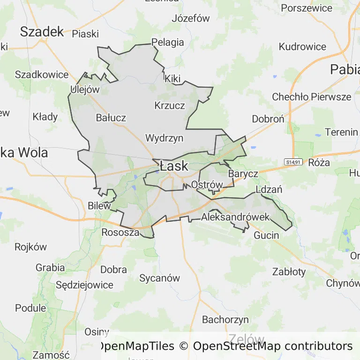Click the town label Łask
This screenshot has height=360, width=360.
pos(173,166)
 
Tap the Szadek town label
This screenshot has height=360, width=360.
pos(42,31)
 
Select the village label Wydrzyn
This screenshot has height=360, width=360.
pos(164,138)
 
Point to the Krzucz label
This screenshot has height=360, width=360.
pos(170,105)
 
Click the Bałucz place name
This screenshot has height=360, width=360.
pos(111,118)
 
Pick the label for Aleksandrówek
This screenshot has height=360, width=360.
pos(235,217)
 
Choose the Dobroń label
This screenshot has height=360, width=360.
pos(268,119)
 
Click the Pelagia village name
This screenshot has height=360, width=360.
pos(167,42)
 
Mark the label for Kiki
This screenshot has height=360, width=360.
pos(172,79)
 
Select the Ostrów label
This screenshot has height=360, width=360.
pos(207,185)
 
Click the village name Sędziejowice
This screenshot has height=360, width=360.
pos(84,285)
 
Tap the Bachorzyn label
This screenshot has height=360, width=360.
pos(225,320)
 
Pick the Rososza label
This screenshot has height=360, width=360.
pos(120,232)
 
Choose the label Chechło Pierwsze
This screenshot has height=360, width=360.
pos(312,97)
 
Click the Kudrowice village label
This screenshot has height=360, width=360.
pos(302,47)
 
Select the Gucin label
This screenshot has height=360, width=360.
pos(266,235)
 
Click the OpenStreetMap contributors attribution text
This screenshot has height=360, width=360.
pos(273,346)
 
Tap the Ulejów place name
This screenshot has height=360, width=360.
pos(85,90)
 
